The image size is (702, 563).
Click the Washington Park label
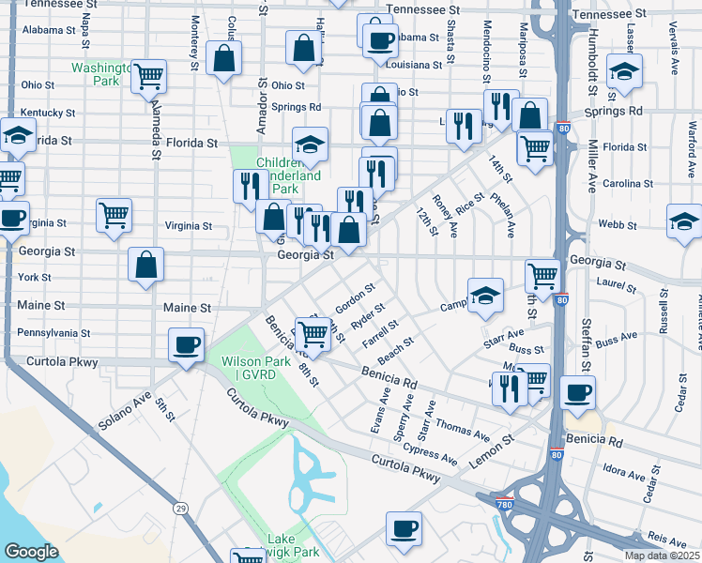[x=101, y=74]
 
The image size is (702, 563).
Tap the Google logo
[x=30, y=552]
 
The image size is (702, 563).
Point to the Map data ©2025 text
[x=661, y=555]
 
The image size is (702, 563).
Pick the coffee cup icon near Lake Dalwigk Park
[x=404, y=528]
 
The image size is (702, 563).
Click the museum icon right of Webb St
[x=684, y=222]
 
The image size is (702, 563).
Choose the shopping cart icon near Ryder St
[x=313, y=334]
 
